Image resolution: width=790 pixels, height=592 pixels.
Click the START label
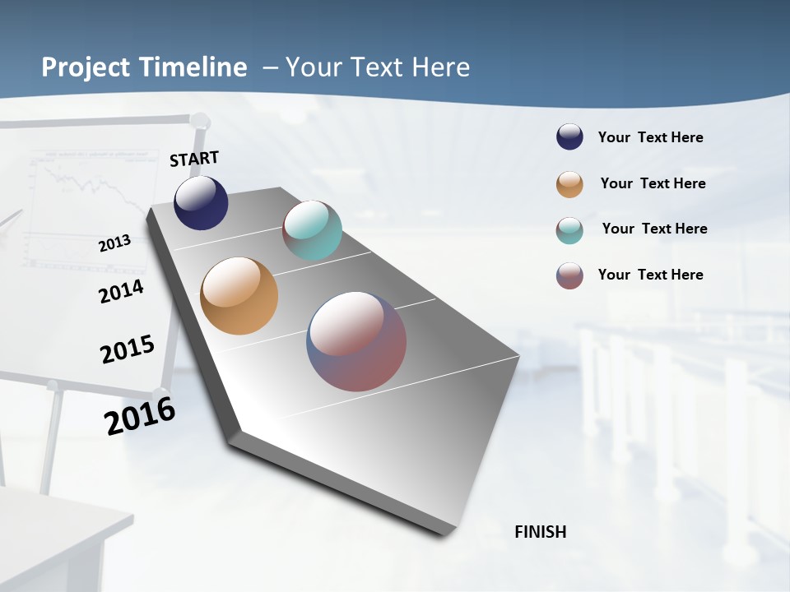click(194, 158)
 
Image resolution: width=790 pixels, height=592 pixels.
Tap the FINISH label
click(540, 532)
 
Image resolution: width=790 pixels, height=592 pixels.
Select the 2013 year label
click(115, 243)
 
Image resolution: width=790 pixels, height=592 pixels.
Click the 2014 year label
click(122, 291)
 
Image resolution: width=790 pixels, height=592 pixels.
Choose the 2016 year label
click(140, 416)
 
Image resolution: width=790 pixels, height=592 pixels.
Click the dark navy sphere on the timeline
click(201, 203)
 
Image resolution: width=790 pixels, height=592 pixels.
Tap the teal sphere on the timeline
click(312, 230)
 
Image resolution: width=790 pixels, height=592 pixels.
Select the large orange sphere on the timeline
click(239, 296)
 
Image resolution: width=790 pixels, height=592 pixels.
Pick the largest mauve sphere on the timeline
click(356, 341)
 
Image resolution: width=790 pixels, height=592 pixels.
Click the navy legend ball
click(569, 137)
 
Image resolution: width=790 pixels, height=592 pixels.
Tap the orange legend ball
click(569, 184)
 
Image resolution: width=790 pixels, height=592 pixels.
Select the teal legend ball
click(569, 230)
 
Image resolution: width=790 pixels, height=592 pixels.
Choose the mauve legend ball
click(569, 275)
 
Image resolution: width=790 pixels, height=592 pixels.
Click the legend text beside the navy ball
click(650, 137)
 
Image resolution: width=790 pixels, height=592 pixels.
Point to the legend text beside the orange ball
click(653, 183)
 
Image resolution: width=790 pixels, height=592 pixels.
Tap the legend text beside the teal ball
click(654, 229)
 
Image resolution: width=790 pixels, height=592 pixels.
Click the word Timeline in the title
click(194, 67)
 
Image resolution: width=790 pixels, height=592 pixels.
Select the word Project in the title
click(86, 67)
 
